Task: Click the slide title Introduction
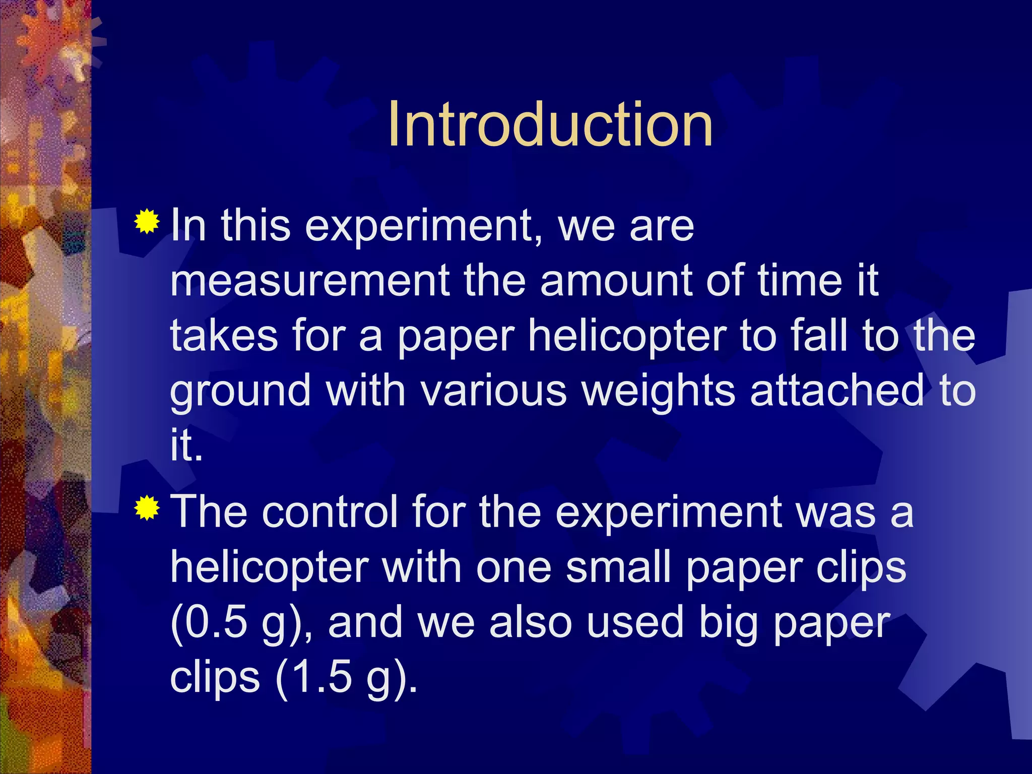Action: tap(550, 124)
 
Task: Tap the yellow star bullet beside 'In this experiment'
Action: tap(147, 221)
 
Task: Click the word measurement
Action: tap(309, 281)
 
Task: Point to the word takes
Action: tap(224, 336)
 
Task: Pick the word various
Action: tap(494, 391)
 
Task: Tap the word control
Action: tap(330, 512)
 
